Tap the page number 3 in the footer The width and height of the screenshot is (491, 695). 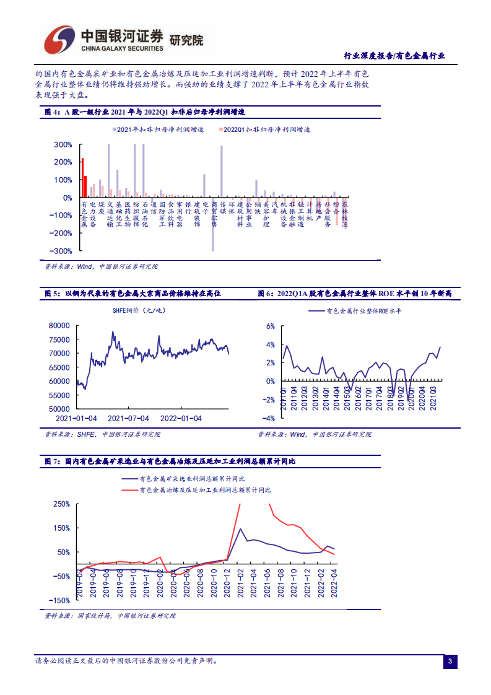coord(450,663)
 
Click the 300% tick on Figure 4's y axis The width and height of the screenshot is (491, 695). coord(63,145)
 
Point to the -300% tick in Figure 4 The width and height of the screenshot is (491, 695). coord(62,251)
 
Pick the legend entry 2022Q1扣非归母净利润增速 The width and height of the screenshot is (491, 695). coord(266,130)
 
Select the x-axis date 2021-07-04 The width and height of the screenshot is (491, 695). coord(129,418)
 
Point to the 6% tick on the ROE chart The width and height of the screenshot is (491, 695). coord(270,326)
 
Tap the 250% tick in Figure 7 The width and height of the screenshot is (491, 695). coord(61,504)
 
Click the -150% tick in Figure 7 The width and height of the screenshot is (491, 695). coord(59,600)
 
